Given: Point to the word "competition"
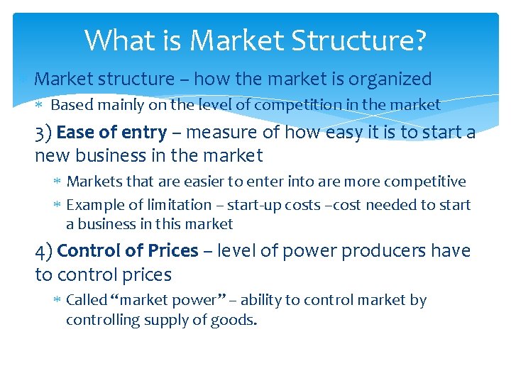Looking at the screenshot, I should tap(296, 105).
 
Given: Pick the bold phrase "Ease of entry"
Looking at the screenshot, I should tap(111, 133).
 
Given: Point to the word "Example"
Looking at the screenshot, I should tap(94, 205).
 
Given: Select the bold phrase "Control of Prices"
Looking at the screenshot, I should tap(128, 251).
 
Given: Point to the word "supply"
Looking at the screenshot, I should tap(185, 320).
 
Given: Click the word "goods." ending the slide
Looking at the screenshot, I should tap(238, 320).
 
